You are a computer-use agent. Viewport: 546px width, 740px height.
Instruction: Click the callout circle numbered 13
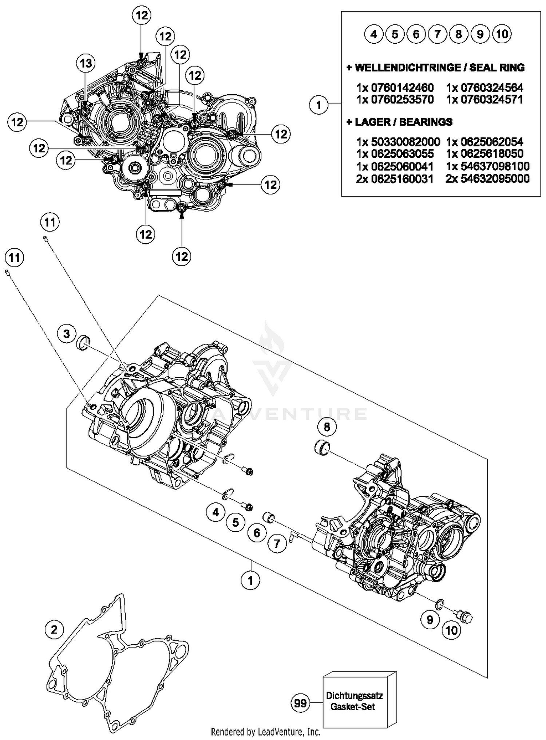[86, 63]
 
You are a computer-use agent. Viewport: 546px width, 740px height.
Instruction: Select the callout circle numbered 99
[300, 702]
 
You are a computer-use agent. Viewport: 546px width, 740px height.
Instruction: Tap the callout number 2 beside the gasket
[54, 630]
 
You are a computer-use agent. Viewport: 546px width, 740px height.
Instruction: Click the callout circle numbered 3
[67, 334]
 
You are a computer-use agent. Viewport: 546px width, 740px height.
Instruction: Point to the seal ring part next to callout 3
[83, 343]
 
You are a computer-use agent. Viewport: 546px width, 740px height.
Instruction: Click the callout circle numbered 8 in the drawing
[327, 426]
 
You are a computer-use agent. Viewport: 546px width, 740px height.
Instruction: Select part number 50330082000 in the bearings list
[398, 141]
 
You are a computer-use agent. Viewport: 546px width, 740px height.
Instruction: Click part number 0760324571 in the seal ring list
[484, 99]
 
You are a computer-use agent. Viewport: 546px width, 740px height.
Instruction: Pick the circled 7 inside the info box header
[438, 34]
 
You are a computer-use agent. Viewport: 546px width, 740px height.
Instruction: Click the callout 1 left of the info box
[319, 105]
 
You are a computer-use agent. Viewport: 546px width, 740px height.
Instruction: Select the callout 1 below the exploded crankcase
[250, 580]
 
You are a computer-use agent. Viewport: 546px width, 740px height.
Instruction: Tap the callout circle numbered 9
[430, 619]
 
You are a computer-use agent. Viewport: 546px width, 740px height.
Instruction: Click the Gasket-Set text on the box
[352, 707]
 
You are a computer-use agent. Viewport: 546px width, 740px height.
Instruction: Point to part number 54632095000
[487, 179]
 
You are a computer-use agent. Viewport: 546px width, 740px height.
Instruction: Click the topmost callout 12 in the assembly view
[142, 15]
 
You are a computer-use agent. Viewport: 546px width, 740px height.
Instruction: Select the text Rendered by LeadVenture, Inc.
[266, 732]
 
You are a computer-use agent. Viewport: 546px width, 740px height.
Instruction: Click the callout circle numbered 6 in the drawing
[257, 533]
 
